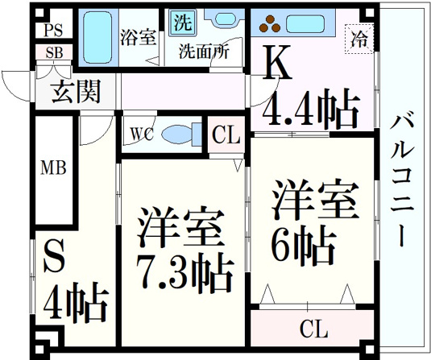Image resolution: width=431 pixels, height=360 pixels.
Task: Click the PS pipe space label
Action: point(54,30)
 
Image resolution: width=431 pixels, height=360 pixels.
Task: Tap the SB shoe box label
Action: point(54,52)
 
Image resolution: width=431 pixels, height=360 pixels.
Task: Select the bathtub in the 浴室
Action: point(97,37)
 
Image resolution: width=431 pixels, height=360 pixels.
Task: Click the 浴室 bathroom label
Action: point(139,38)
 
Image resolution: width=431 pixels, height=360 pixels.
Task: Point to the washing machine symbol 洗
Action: point(183,23)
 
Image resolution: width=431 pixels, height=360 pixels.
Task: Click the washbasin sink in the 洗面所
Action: point(225,19)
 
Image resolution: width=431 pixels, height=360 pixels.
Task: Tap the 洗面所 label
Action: point(204,51)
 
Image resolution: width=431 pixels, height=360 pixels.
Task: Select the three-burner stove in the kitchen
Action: point(270,23)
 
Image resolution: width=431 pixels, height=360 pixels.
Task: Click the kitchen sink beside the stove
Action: point(305,23)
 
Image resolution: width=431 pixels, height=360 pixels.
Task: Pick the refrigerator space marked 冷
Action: point(359,39)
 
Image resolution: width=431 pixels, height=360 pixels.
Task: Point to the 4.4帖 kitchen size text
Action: point(311,109)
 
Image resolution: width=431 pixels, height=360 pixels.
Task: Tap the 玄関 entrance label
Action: point(76,91)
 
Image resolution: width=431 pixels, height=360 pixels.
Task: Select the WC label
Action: point(142,134)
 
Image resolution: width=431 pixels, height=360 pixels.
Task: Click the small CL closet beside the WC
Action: point(226,134)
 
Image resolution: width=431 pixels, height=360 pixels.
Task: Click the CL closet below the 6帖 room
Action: point(313,328)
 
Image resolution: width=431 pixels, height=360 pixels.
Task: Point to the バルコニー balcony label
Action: point(401,181)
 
